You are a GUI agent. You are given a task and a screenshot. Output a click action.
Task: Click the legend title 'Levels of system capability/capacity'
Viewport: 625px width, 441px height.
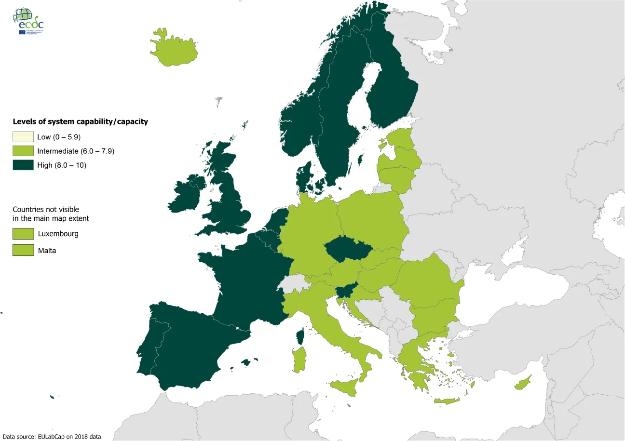80,122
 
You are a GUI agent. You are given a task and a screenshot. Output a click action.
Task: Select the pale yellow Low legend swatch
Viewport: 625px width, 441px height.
23,137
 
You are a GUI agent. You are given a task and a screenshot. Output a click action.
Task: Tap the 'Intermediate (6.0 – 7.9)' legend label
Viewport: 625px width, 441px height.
75,151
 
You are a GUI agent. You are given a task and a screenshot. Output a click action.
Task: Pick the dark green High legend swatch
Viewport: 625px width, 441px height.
23,165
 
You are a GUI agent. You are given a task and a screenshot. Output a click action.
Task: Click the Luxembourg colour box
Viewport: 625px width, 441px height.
23,234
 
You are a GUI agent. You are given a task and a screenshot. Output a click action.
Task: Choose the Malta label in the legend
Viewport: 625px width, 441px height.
46,251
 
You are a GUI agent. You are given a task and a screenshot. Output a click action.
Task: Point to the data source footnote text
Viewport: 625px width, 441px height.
52,437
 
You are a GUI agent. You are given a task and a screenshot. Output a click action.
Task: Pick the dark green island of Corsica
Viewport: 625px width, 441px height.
300,337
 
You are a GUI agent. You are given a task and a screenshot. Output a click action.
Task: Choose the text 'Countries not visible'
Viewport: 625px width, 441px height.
46,210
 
